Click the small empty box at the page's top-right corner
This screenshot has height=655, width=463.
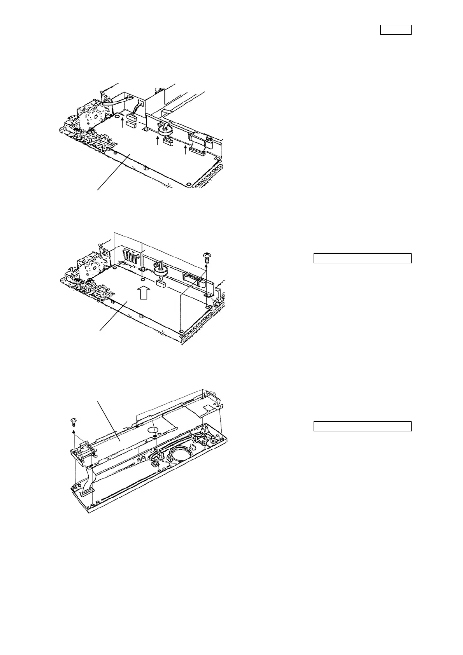395,30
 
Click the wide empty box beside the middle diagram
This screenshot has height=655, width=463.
362,258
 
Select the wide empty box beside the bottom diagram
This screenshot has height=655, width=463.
362,426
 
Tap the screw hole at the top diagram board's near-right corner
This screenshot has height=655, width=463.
188,184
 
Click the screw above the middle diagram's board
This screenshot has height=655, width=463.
207,256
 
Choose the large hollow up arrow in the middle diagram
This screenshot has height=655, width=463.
143,292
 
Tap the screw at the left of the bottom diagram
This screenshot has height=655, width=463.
73,421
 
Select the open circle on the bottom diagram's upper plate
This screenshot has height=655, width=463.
153,430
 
